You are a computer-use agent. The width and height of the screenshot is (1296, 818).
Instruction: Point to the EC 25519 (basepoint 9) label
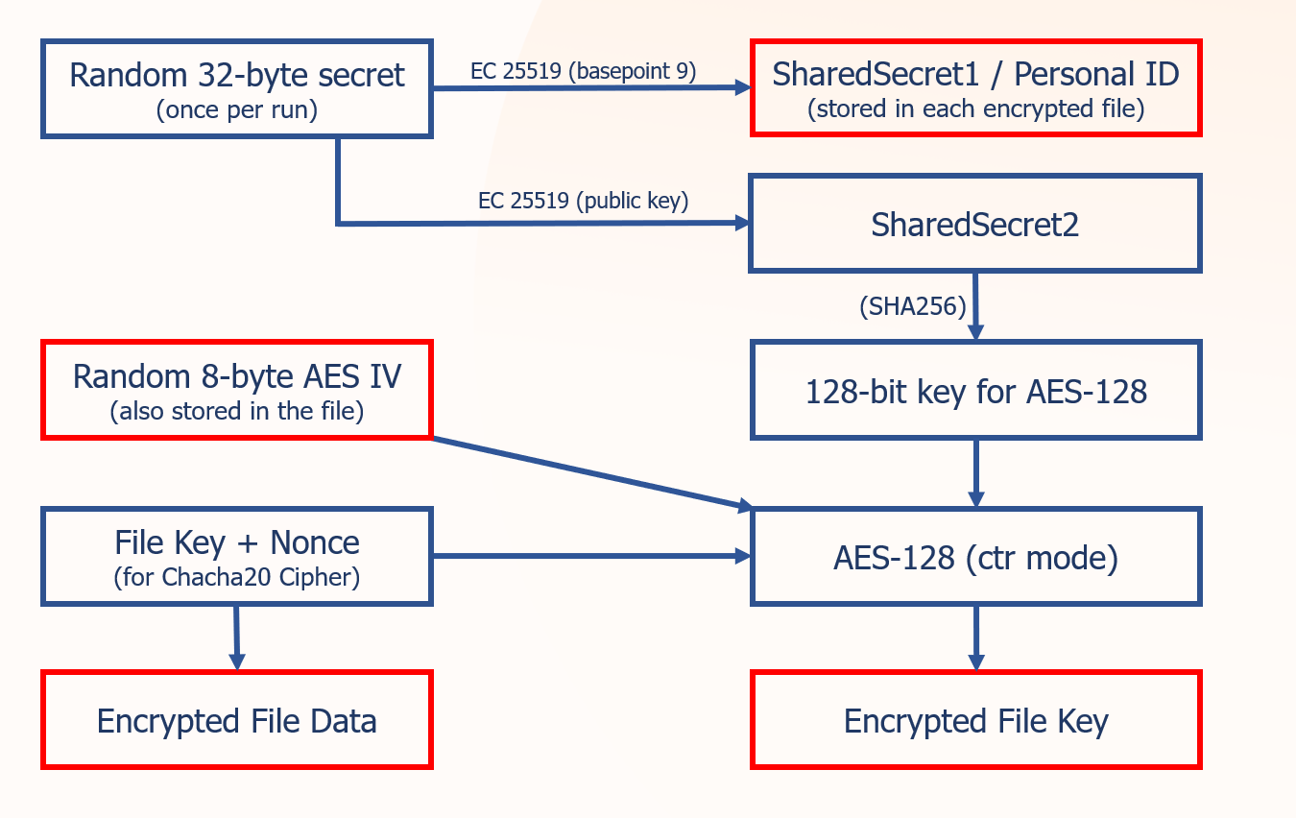click(584, 71)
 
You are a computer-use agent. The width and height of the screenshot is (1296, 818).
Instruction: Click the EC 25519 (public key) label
click(584, 201)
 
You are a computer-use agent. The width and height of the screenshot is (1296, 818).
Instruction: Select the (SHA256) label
click(913, 306)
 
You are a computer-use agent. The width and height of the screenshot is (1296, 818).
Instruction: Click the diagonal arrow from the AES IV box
click(592, 473)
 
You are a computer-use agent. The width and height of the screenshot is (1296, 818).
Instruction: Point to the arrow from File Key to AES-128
click(592, 556)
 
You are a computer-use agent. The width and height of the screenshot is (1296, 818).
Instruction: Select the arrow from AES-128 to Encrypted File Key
click(976, 638)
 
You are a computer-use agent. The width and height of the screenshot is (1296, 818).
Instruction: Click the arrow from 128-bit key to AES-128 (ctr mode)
click(976, 473)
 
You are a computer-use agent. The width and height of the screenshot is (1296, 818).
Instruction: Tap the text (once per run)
click(236, 109)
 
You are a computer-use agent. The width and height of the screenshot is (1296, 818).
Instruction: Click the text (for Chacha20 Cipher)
click(236, 577)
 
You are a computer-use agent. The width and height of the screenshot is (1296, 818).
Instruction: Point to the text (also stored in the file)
click(236, 411)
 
